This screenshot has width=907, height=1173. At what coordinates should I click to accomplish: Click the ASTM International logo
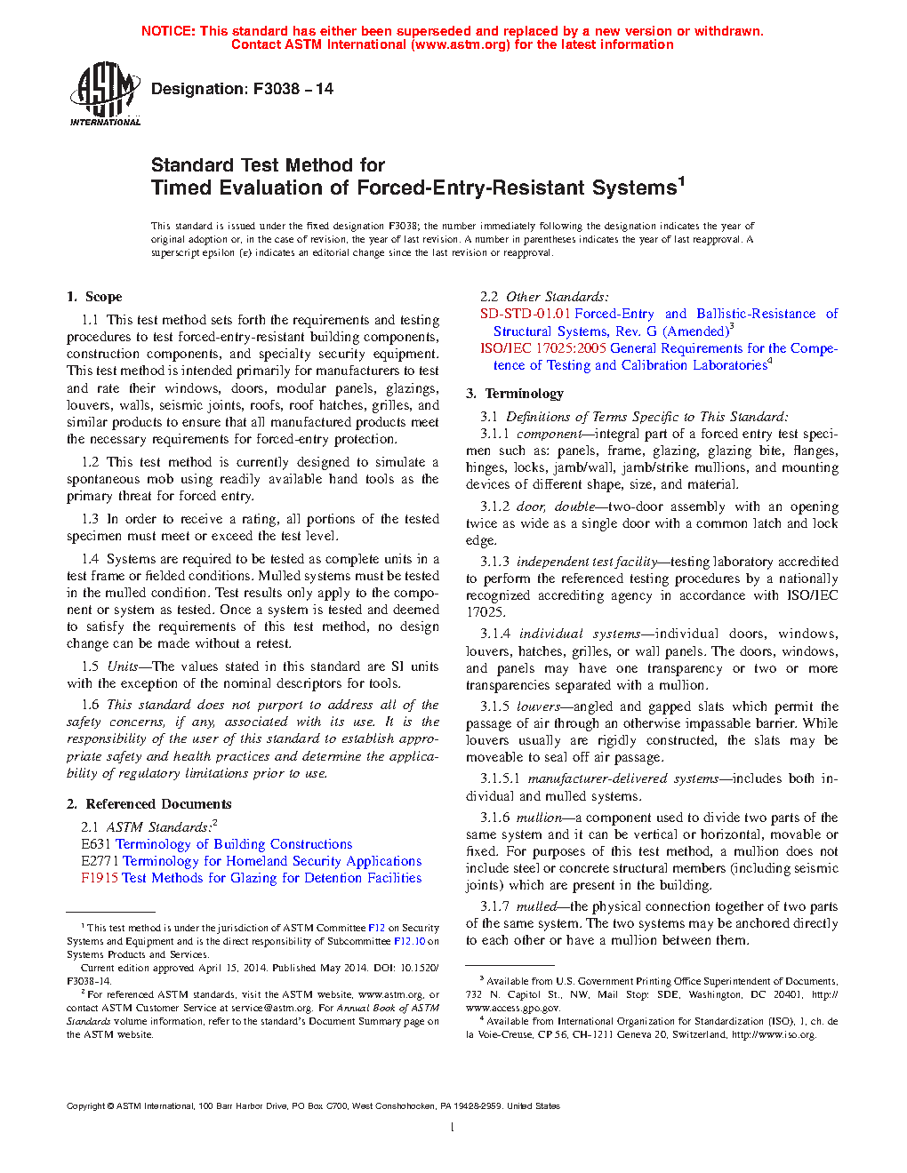104,93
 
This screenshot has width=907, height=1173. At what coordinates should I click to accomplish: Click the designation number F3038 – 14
293,89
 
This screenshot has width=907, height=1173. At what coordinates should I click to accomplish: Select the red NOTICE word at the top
167,31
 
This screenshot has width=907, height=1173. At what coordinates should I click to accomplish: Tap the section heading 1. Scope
94,297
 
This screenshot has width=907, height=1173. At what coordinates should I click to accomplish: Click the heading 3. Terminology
515,394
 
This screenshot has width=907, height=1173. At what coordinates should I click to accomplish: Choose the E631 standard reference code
95,844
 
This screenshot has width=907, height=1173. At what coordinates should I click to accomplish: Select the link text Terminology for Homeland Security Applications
272,861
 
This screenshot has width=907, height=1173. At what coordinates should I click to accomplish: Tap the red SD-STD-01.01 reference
525,314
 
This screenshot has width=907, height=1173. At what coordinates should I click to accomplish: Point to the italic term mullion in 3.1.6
539,818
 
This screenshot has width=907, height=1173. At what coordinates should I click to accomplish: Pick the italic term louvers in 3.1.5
538,706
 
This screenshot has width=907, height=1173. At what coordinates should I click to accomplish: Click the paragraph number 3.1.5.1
500,778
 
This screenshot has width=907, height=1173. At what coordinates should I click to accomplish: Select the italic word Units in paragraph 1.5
122,666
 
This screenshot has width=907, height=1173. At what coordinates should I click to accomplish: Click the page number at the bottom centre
453,1128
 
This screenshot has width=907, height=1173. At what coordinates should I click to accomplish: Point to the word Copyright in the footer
85,1106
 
